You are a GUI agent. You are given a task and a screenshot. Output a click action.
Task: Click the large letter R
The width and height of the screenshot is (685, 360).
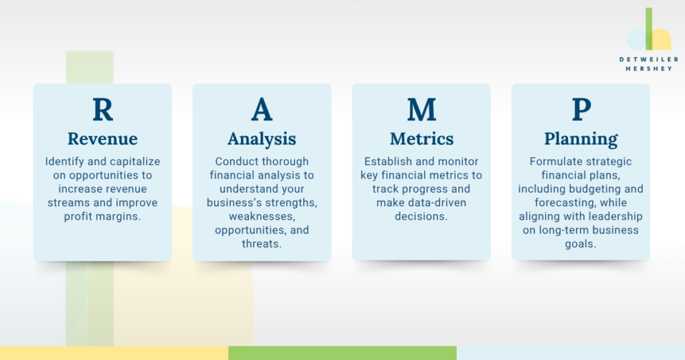(102, 109)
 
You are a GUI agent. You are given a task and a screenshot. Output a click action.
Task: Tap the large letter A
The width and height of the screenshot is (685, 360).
(262, 109)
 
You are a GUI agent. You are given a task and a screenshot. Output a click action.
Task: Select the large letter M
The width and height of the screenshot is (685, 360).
(421, 109)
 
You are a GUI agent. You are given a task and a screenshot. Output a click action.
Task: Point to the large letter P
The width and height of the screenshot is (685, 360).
(581, 109)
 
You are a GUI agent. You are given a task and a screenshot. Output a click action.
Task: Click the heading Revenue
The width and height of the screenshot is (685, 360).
(102, 139)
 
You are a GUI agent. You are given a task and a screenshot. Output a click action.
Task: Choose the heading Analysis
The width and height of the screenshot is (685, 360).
(262, 139)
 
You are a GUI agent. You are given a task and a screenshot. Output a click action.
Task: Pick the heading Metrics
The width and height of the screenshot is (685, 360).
(421, 139)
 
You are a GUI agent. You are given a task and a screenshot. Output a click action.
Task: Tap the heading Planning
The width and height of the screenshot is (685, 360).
(581, 139)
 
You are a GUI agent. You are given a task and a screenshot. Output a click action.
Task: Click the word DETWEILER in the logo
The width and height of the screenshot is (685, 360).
(649, 59)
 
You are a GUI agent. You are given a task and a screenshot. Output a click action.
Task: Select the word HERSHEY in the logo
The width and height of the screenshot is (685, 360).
(649, 69)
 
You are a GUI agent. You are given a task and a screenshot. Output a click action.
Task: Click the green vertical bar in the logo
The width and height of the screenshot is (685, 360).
(649, 28)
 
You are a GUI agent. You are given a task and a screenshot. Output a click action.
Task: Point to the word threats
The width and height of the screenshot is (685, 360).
(262, 244)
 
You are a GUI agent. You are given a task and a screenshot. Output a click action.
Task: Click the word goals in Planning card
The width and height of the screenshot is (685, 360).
(581, 244)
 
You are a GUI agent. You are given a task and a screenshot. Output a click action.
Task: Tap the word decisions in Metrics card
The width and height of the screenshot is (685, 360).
(421, 216)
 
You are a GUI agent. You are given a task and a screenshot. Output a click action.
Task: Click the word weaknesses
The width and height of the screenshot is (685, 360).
(262, 217)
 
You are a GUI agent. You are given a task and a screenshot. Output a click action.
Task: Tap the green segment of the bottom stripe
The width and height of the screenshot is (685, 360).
(342, 353)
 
